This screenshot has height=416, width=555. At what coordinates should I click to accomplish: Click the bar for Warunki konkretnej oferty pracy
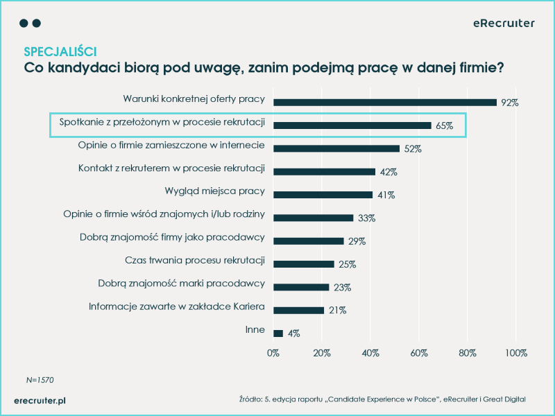point(385,102)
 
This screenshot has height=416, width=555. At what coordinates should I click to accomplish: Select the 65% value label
point(445,126)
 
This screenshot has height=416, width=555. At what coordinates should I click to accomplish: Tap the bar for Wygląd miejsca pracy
point(323,195)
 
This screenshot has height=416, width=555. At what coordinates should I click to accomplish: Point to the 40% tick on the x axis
point(370,353)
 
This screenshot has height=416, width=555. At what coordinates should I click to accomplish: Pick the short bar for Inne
point(278,333)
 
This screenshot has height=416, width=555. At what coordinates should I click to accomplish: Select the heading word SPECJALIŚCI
point(60,52)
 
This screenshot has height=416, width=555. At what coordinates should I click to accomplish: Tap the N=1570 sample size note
point(40,380)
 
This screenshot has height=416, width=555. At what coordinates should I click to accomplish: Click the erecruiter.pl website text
point(40,400)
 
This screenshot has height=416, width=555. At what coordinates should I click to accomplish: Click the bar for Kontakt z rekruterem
point(325,171)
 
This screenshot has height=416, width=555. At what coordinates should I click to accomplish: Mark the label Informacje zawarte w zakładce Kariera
point(177,306)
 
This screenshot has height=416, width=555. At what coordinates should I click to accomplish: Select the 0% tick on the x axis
point(273,353)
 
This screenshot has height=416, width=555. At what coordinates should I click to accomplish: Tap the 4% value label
point(293,333)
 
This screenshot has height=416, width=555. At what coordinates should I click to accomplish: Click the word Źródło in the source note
point(249,399)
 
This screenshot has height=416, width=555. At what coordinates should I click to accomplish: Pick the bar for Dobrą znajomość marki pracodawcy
point(301,287)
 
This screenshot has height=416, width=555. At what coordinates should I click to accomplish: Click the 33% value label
point(366,218)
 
